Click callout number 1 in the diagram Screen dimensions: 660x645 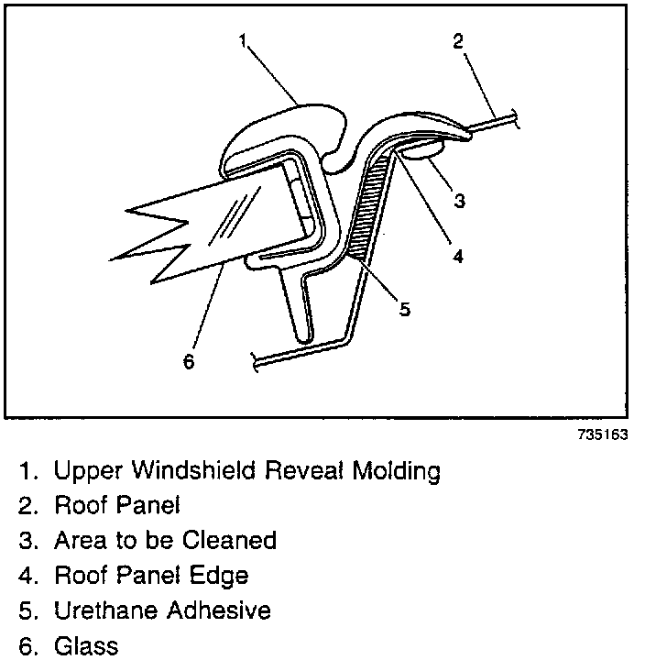(243, 40)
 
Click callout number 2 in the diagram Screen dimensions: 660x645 (458, 40)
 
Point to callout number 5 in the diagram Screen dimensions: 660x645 (404, 309)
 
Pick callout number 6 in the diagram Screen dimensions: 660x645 (189, 361)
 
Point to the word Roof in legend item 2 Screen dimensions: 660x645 (80, 506)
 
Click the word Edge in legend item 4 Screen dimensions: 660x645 (224, 576)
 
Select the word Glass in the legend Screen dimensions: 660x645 (86, 645)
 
